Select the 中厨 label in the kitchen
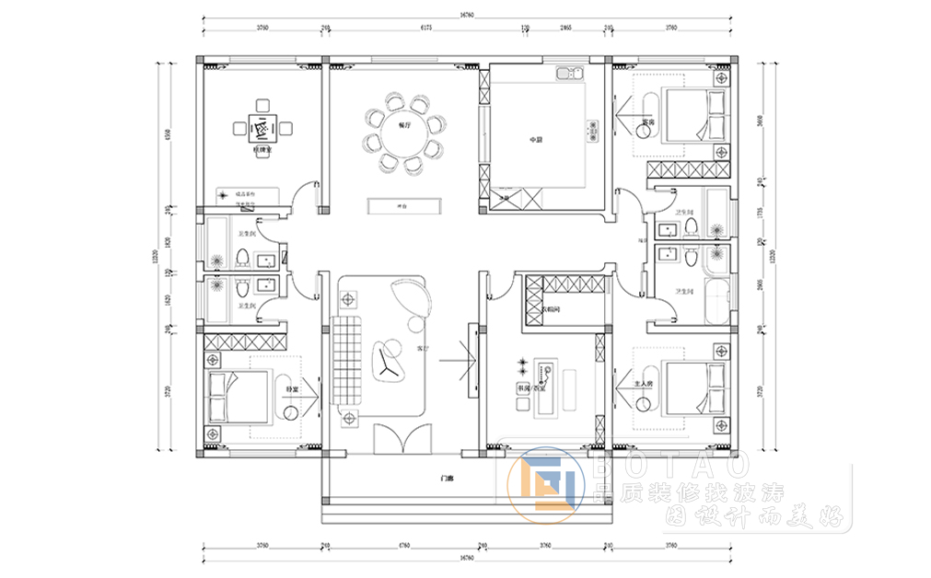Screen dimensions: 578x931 click(x=536, y=139)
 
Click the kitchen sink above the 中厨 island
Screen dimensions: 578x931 click(x=565, y=74)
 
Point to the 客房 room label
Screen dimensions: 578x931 click(x=647, y=121)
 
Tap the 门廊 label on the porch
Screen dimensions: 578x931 click(x=447, y=479)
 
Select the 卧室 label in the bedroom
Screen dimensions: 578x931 click(x=291, y=390)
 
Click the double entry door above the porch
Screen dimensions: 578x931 click(x=401, y=438)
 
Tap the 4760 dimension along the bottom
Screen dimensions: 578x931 click(x=403, y=545)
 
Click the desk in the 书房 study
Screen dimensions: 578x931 click(x=547, y=386)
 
